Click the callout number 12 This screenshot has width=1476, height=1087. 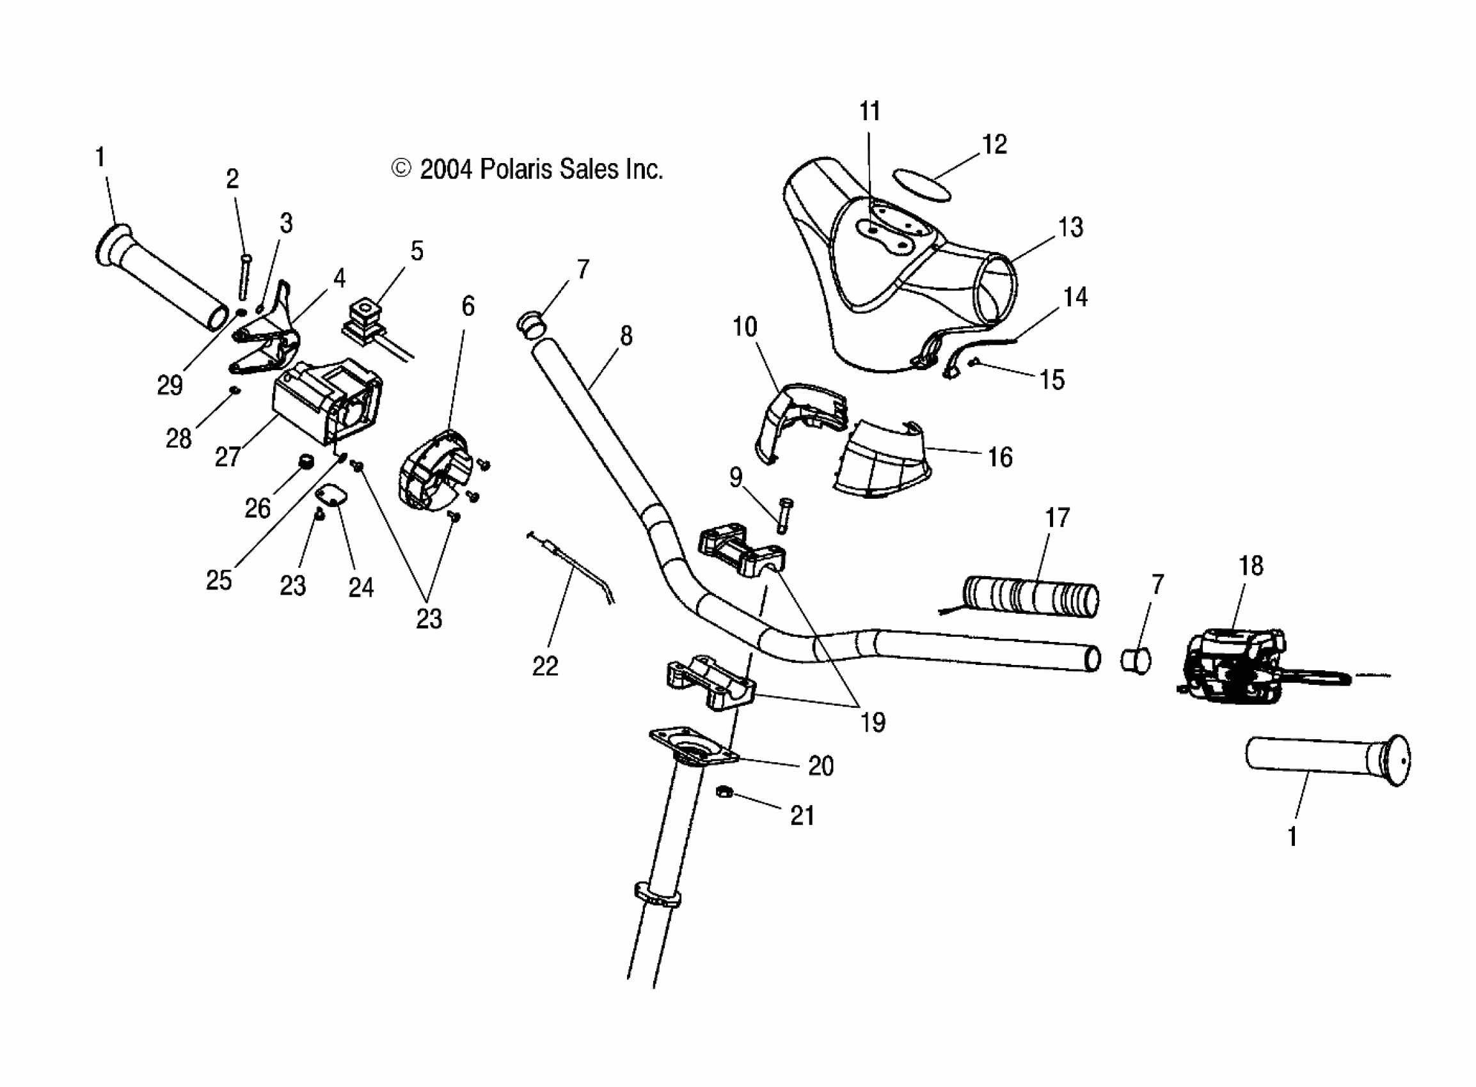point(994,145)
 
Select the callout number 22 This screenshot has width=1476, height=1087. point(545,666)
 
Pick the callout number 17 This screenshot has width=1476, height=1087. point(1058,518)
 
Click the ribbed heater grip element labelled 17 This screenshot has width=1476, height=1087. point(1030,596)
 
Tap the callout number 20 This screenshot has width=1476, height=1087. point(820,766)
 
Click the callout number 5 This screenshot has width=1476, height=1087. point(417,251)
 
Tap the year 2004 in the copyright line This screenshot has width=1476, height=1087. point(446,169)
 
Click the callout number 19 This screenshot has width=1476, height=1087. point(872,723)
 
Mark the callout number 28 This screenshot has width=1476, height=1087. point(179,438)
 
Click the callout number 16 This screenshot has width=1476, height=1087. point(1000,457)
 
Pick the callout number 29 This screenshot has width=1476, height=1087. point(169,385)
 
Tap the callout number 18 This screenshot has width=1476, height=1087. point(1251,566)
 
